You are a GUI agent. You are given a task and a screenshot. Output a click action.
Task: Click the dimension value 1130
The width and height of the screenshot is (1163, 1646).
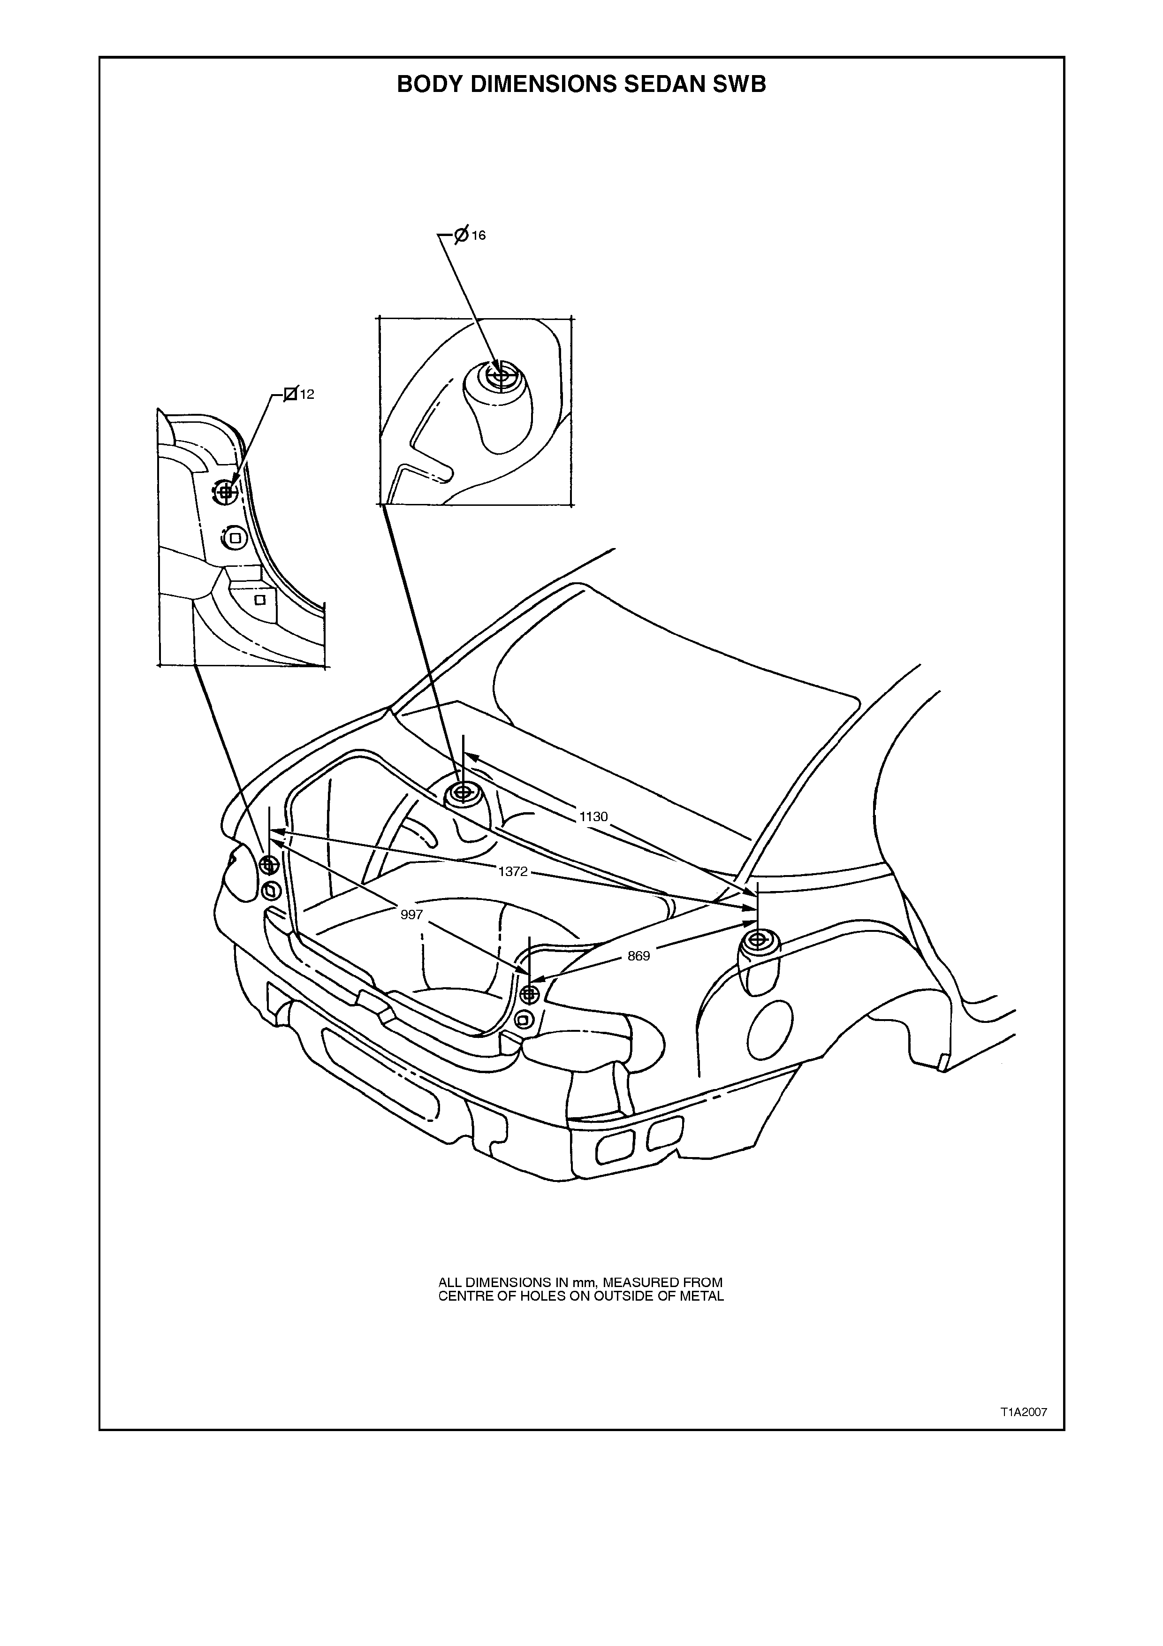(593, 816)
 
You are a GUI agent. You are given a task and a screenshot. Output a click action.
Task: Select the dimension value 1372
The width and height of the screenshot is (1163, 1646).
(513, 872)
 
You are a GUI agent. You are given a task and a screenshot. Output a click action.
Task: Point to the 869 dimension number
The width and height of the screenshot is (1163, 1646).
(639, 956)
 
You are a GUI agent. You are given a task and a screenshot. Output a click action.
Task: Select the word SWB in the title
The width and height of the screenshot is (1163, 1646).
(739, 84)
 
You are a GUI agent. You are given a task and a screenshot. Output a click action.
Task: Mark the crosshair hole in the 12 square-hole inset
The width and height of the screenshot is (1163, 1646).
(226, 492)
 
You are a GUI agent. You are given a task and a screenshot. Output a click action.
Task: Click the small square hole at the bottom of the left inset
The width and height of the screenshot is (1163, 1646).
(260, 599)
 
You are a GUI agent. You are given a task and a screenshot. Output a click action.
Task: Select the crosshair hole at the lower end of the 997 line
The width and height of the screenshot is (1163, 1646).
(530, 994)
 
